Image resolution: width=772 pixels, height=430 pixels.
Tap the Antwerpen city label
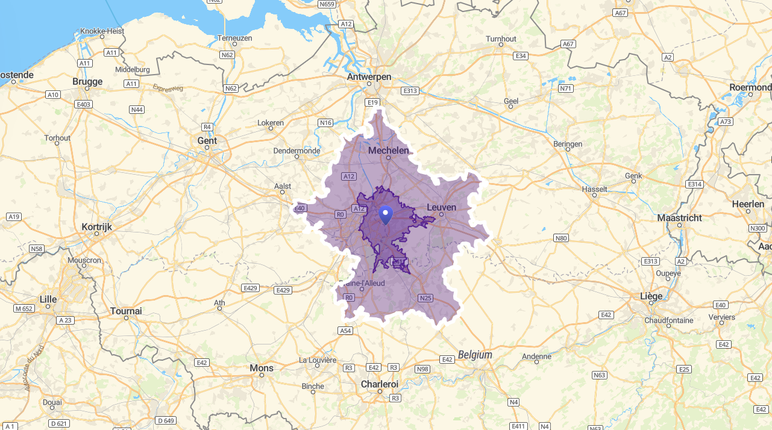click(x=369, y=77)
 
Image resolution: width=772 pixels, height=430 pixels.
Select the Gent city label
click(x=207, y=140)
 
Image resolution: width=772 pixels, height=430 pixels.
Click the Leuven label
click(x=441, y=207)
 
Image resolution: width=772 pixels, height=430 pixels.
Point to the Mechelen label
click(x=388, y=151)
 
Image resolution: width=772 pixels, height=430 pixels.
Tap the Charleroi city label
click(x=380, y=384)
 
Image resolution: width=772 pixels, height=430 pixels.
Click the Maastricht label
click(x=679, y=217)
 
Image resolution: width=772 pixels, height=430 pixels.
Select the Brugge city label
click(x=87, y=81)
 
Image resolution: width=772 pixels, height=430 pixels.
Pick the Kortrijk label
click(x=96, y=227)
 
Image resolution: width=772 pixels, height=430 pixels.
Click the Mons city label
click(x=262, y=367)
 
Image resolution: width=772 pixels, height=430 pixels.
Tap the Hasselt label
click(x=594, y=189)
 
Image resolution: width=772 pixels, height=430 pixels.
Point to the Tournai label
click(x=126, y=311)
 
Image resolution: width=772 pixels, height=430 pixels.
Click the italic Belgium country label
click(x=475, y=355)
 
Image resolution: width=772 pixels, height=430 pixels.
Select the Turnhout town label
click(x=501, y=39)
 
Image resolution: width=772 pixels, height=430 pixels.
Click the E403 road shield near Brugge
click(x=83, y=104)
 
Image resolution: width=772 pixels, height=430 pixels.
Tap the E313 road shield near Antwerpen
click(x=410, y=90)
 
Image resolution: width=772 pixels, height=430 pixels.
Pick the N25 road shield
click(x=425, y=298)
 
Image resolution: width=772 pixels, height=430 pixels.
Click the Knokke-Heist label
click(x=102, y=31)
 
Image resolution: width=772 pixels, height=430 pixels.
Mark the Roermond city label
click(x=750, y=87)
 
